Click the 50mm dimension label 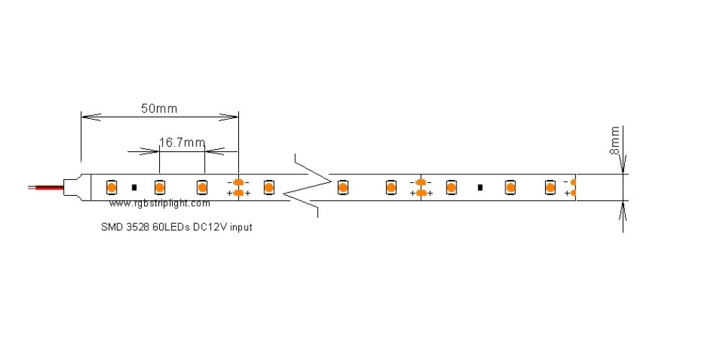158,109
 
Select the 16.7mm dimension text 181,143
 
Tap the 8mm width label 615,140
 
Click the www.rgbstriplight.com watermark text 160,204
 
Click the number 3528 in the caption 138,227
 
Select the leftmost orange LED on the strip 112,187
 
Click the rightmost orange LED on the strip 550,187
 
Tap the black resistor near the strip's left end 135,187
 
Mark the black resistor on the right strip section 480,187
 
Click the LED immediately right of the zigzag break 343,187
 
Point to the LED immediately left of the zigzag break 269,187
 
